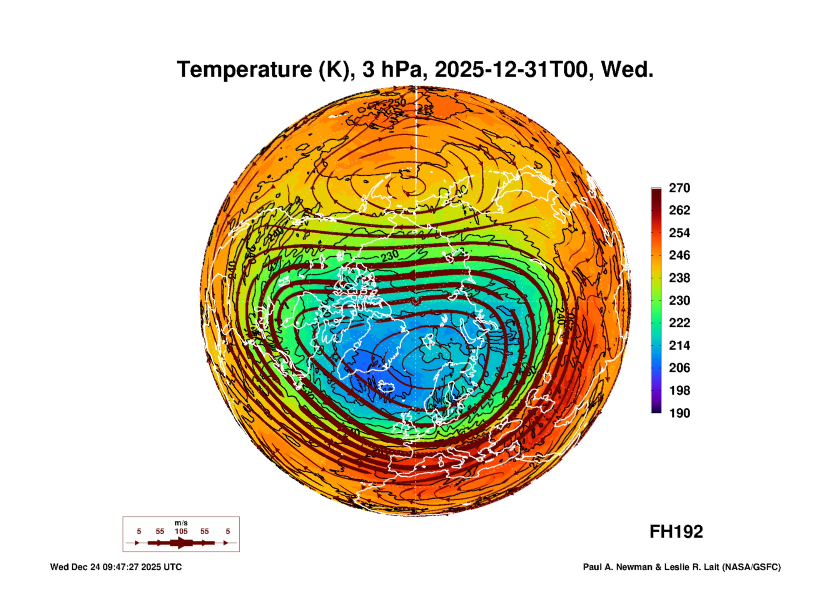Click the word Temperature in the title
[244, 70]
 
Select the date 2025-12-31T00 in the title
[511, 70]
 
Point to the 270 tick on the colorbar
[679, 188]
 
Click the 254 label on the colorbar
[679, 233]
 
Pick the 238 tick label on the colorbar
[679, 278]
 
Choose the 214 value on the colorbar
[679, 346]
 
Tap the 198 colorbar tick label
[679, 391]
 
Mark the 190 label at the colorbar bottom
[679, 413]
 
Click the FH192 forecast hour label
[676, 532]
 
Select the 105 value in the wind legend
[181, 532]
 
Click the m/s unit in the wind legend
[181, 523]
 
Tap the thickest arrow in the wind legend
[181, 543]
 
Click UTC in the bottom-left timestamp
[172, 567]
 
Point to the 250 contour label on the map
[397, 103]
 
